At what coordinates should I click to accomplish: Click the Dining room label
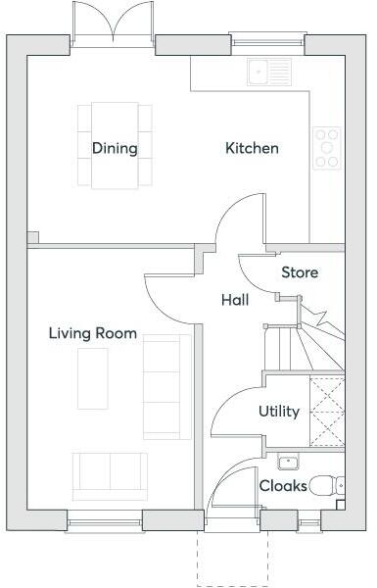point(115,149)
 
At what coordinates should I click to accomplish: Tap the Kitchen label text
point(252,149)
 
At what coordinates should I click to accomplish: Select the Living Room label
point(93,333)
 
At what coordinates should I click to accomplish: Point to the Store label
point(300,272)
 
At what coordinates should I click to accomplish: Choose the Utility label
point(279,412)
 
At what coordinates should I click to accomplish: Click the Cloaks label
point(283,485)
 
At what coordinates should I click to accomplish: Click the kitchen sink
point(269,71)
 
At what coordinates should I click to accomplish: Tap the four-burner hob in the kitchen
point(326,147)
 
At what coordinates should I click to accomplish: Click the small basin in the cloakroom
point(288,462)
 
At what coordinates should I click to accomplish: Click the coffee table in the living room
point(93,378)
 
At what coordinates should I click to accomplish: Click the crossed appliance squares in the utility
point(327,412)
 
